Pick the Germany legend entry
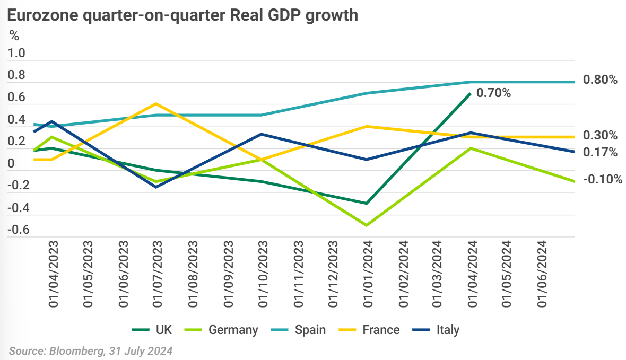point(225,330)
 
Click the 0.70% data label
point(493,93)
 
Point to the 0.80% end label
point(600,81)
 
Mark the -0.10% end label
point(602,180)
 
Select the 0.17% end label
point(600,153)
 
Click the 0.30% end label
point(600,135)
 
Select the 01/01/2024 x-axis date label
point(367,274)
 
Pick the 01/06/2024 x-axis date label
point(542,274)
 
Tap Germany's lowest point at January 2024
point(367,225)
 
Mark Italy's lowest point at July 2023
point(156,187)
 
